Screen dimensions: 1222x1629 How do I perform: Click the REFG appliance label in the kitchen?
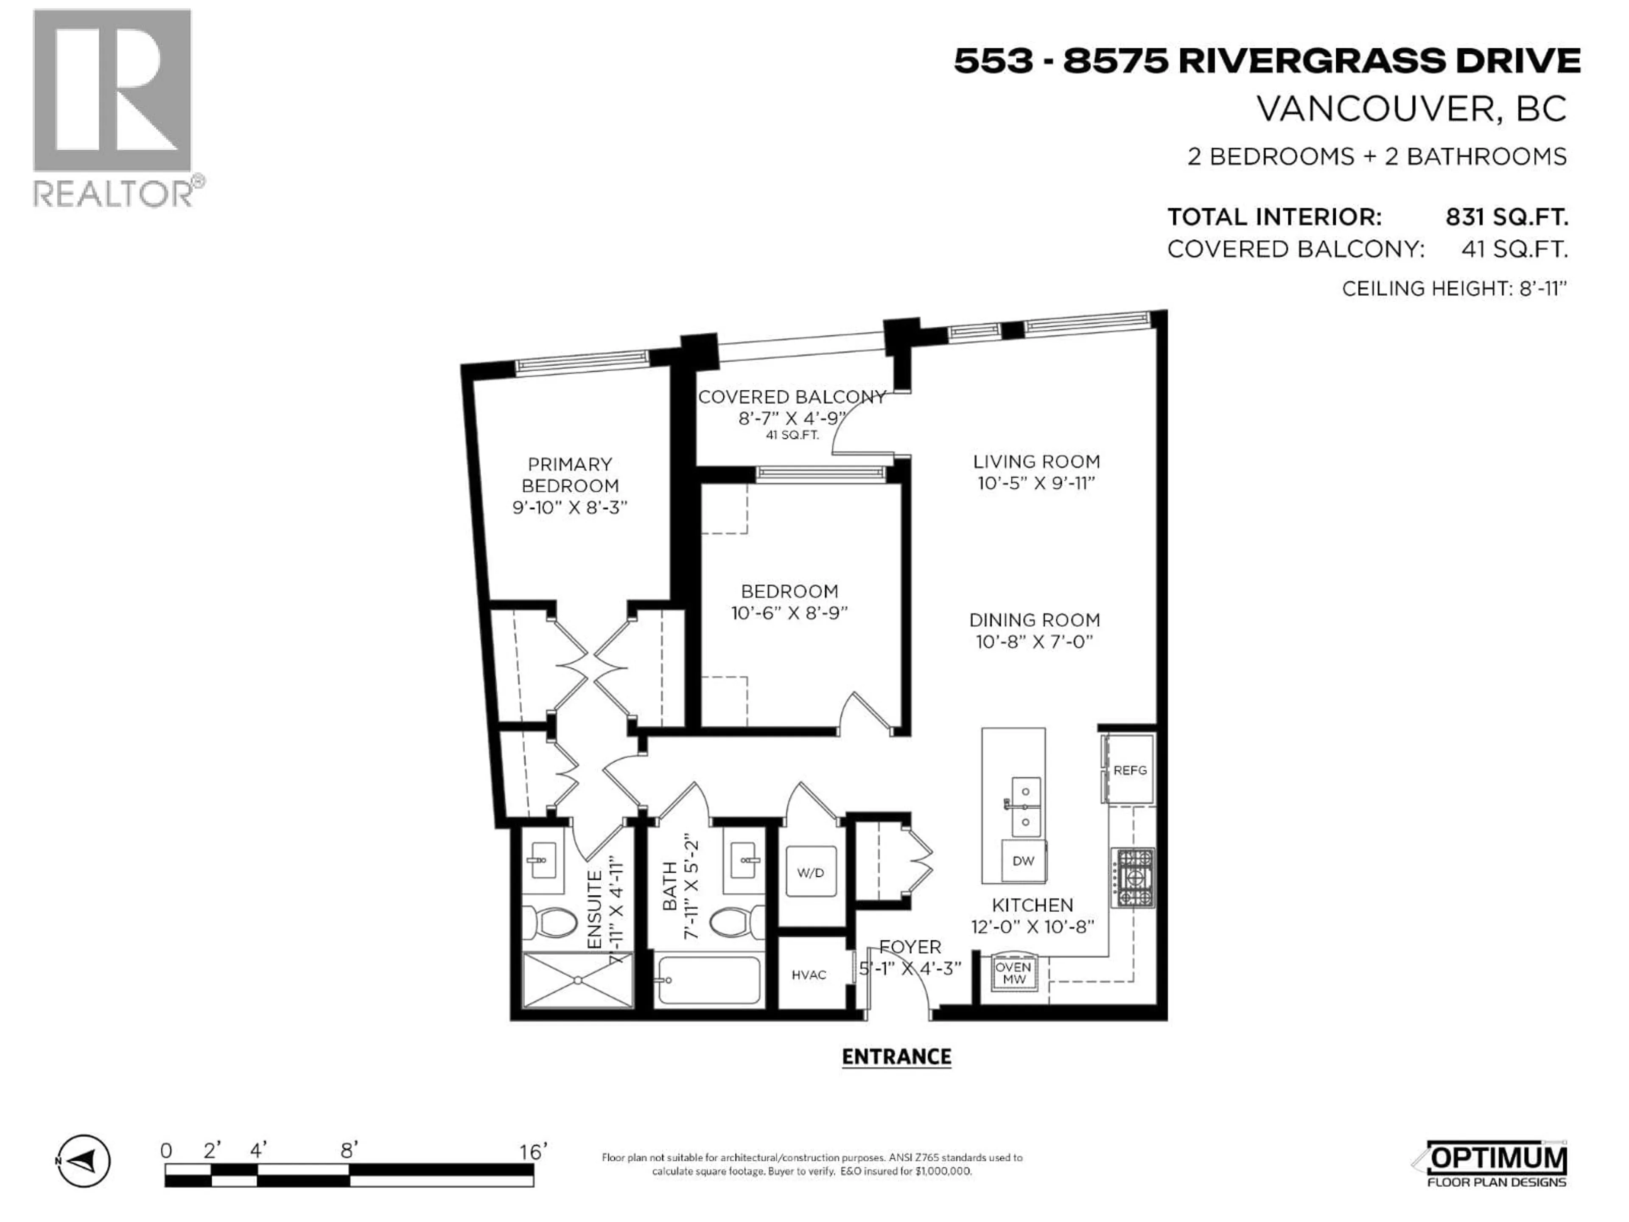pyautogui.click(x=1130, y=771)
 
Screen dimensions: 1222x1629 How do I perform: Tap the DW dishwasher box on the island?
pyautogui.click(x=1023, y=860)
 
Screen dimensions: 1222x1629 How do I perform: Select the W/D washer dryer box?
pyautogui.click(x=810, y=873)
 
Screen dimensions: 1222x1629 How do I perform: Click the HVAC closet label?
pyautogui.click(x=809, y=975)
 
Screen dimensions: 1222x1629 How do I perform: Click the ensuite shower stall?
pyautogui.click(x=577, y=980)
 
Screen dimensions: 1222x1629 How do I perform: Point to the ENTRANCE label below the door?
pyautogui.click(x=896, y=1057)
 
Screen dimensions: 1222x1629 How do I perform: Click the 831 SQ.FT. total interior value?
pyautogui.click(x=1506, y=217)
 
